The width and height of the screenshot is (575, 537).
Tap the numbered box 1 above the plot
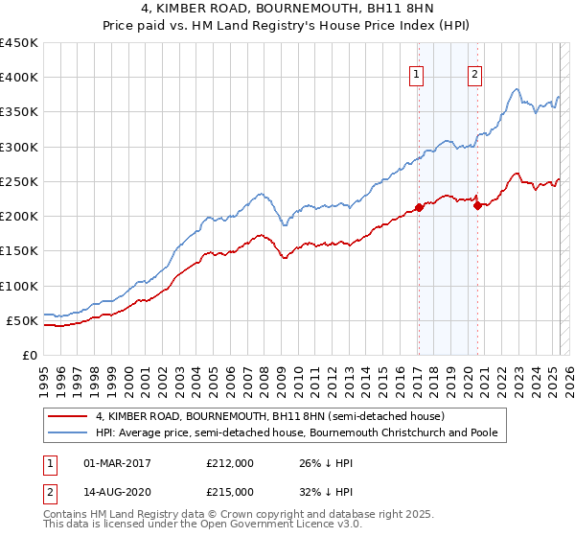click(x=418, y=78)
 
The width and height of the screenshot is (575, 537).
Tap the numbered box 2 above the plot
click(x=475, y=78)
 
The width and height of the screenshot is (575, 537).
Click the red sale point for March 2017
click(x=419, y=207)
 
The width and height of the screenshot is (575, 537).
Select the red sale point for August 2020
click(x=477, y=205)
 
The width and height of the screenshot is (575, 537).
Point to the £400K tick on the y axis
click(x=21, y=78)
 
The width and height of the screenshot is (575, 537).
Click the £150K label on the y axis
click(x=21, y=251)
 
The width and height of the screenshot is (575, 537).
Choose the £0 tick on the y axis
click(x=31, y=356)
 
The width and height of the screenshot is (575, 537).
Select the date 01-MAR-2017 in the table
click(x=118, y=463)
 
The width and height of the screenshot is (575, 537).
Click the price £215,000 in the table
click(x=230, y=492)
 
